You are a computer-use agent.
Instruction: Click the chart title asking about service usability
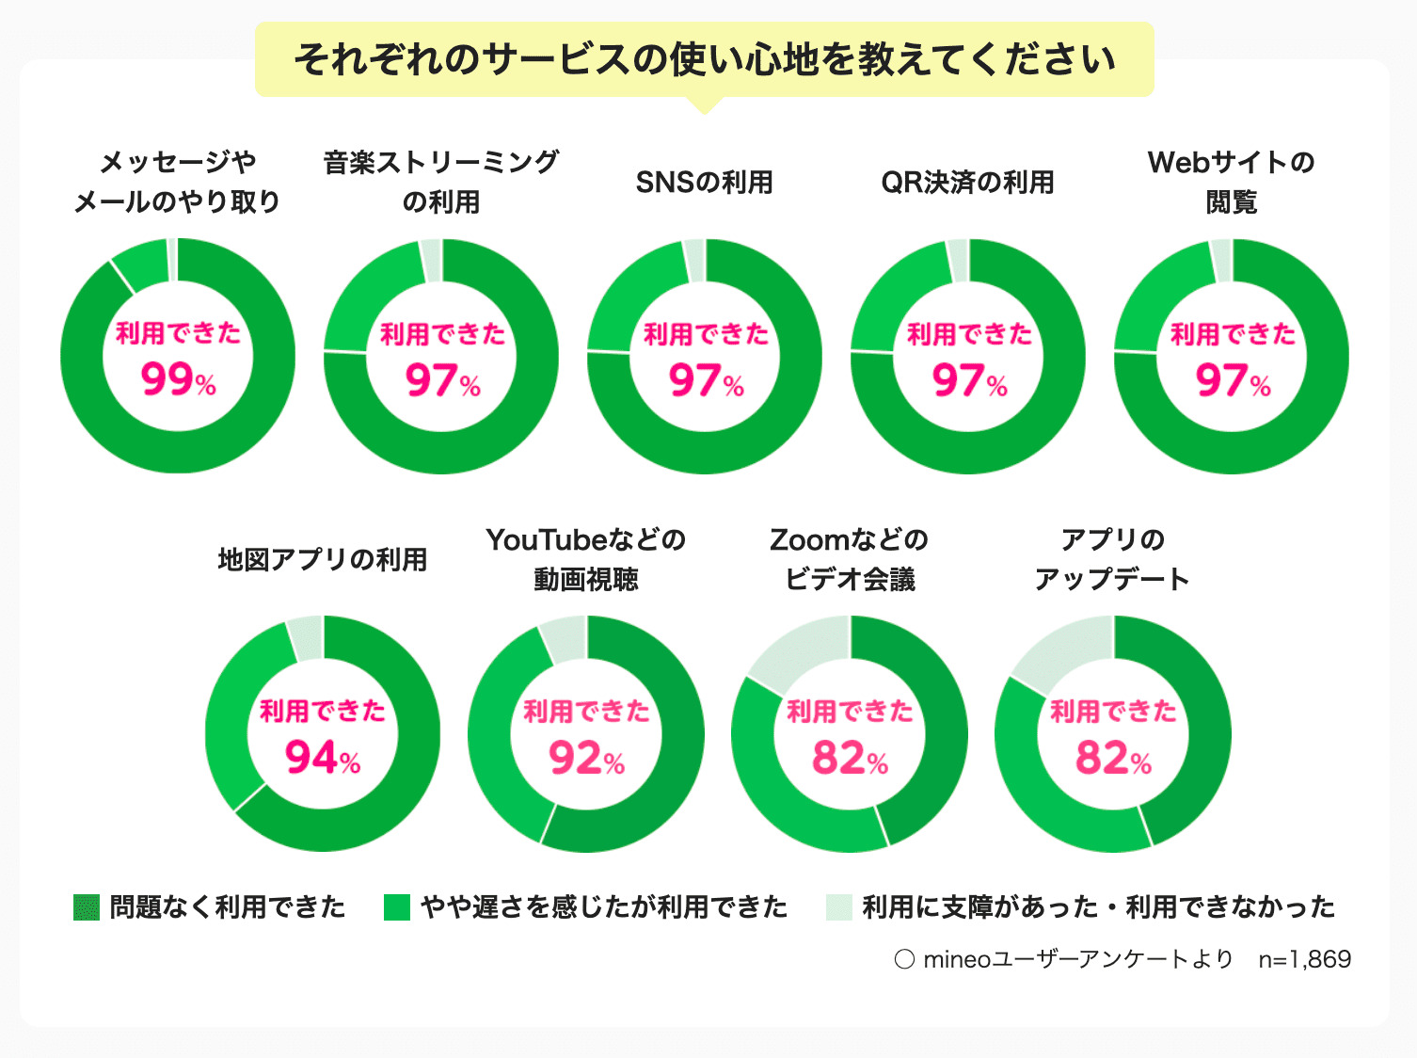[705, 59]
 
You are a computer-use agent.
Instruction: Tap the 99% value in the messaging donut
[178, 379]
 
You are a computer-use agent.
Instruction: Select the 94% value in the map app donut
[322, 757]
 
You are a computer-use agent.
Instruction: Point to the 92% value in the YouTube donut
[586, 757]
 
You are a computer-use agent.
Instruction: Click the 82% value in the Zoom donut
[850, 757]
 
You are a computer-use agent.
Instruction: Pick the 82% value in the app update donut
[1113, 757]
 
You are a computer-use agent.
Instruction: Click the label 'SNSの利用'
[705, 182]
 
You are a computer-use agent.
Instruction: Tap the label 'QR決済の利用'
[967, 182]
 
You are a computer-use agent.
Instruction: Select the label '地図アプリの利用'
[323, 559]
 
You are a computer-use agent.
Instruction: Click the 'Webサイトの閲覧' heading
[1231, 182]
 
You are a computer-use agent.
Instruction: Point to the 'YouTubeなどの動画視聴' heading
[586, 559]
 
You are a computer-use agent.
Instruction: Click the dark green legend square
[87, 907]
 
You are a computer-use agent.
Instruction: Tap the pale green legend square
[838, 907]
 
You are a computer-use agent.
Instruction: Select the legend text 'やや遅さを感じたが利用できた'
[604, 907]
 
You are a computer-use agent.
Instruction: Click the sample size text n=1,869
[1304, 959]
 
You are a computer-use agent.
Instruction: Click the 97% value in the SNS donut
[705, 380]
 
